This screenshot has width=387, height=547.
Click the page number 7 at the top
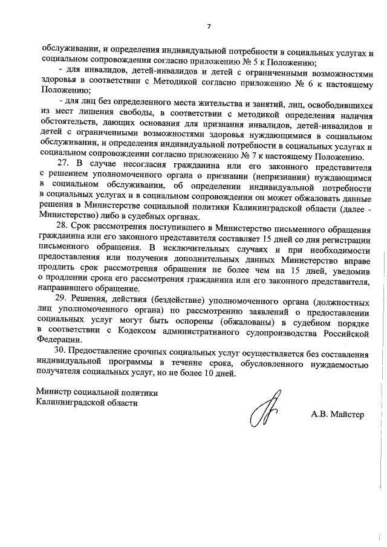pyautogui.click(x=208, y=26)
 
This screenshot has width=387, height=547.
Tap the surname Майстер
pyautogui.click(x=352, y=416)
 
